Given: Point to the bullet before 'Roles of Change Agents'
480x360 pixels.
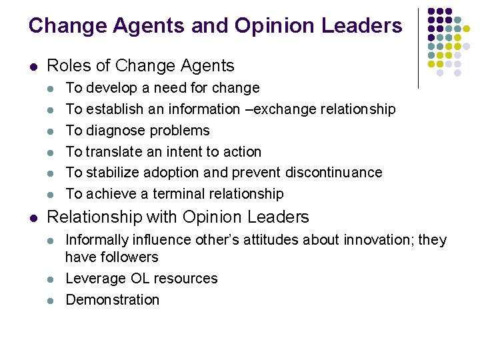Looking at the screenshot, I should tap(32, 67).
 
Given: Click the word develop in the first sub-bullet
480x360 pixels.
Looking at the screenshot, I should tap(113, 88).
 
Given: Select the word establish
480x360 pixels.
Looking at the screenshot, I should tap(115, 109).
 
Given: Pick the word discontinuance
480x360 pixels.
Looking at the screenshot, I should tap(334, 173).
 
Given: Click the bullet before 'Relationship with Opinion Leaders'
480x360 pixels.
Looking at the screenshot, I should tap(32, 218).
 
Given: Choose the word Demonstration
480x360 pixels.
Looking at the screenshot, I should tap(113, 300).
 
